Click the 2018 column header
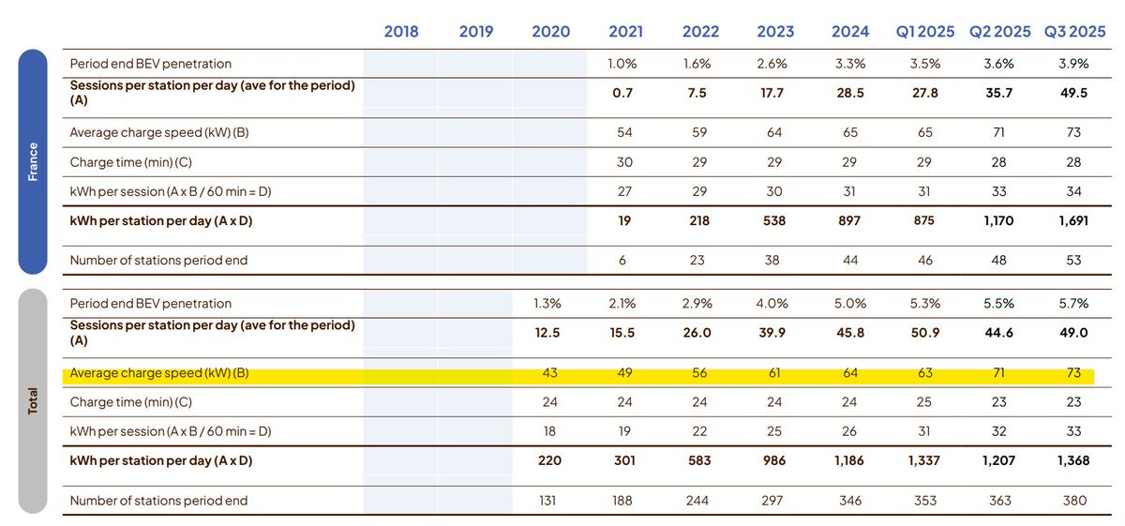[x=401, y=31]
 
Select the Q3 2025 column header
[x=1074, y=31]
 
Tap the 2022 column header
[x=700, y=31]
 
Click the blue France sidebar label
[x=33, y=161]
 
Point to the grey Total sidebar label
[x=33, y=401]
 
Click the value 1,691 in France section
[x=1074, y=221]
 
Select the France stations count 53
[x=1074, y=260]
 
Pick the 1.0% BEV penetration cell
[x=625, y=64]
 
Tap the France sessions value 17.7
[x=774, y=93]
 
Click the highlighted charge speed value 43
[x=550, y=373]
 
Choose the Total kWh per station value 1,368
[x=1074, y=460]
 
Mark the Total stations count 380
[x=1074, y=501]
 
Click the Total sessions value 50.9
[x=924, y=333]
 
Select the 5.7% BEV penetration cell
[x=1074, y=304]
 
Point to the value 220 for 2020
[x=550, y=460]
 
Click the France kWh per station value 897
[x=849, y=221]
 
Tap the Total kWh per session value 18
[x=550, y=431]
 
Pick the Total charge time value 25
[x=924, y=402]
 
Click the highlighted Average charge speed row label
[x=159, y=373]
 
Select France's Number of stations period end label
[x=158, y=260]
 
